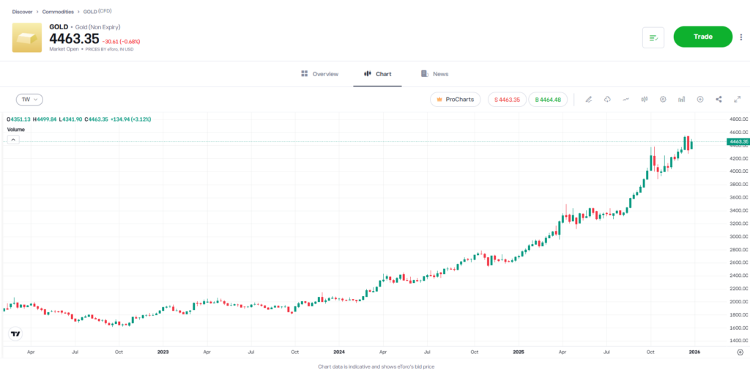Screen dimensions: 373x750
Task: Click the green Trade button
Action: pos(702,37)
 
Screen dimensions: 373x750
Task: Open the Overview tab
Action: pos(319,74)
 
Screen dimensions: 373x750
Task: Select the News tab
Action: pos(434,74)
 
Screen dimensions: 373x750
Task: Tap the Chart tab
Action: pos(377,74)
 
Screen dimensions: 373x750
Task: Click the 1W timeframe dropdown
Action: pos(30,99)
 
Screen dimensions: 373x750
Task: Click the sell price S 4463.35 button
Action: pos(506,100)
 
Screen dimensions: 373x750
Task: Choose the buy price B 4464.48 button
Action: pos(548,100)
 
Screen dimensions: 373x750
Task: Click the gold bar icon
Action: pos(27,37)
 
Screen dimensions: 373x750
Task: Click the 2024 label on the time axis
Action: pos(338,352)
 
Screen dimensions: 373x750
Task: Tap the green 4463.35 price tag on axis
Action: pos(738,141)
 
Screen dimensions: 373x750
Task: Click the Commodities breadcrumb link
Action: pos(58,12)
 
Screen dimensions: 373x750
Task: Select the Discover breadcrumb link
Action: pos(22,12)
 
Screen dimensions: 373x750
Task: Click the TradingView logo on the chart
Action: pos(15,333)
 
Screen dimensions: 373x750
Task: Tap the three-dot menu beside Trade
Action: pos(741,37)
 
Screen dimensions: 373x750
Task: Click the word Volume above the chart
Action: pos(16,129)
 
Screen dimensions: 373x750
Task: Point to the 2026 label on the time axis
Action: pos(694,352)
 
